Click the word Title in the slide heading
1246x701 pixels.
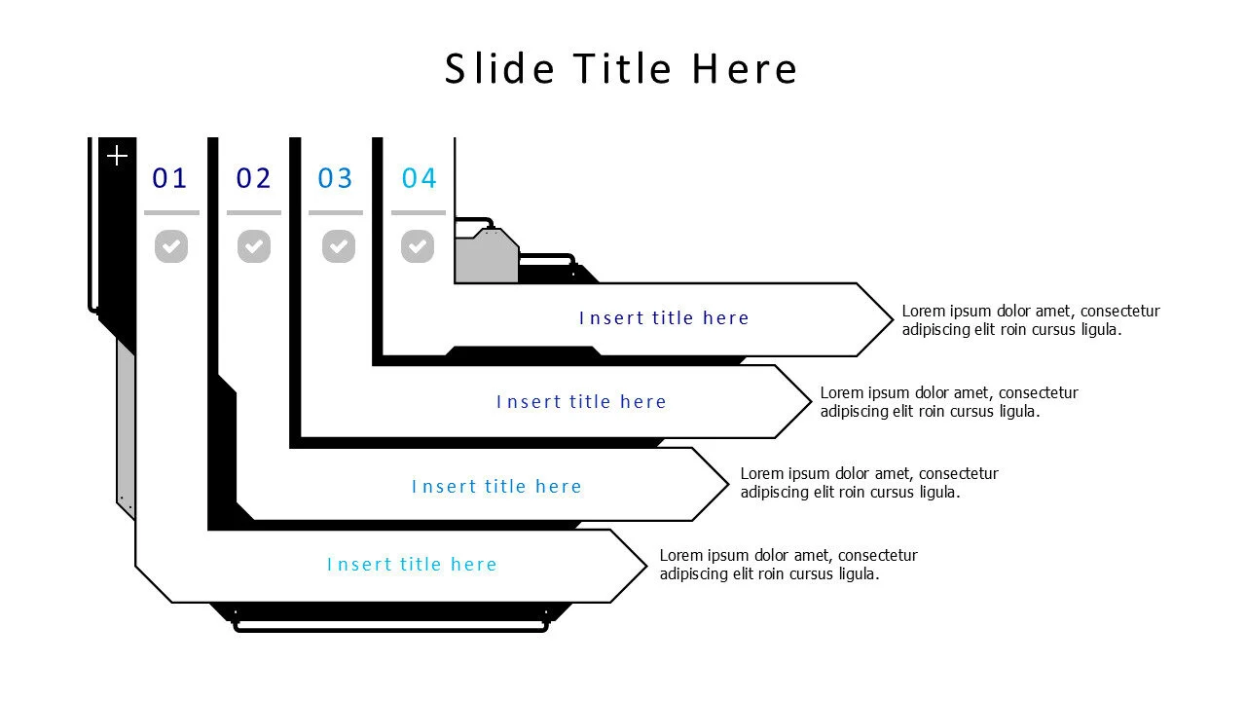622,69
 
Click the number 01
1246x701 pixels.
169,178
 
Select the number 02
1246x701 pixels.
253,178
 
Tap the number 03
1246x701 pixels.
336,178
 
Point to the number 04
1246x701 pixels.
420,178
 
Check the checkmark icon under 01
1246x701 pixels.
171,246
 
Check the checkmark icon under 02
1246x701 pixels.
254,246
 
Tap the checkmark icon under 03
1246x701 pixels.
339,246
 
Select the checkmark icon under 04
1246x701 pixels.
418,246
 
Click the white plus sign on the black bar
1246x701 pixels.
117,156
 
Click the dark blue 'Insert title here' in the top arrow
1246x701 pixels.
664,318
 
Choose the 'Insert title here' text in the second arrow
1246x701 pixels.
581,402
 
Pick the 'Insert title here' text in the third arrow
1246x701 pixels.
496,487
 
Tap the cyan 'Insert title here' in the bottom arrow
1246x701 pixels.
412,565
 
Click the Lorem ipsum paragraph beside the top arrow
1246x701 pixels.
1030,320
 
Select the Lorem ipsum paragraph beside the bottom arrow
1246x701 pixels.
788,565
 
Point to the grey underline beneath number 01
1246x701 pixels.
171,212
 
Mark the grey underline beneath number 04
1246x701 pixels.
419,212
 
